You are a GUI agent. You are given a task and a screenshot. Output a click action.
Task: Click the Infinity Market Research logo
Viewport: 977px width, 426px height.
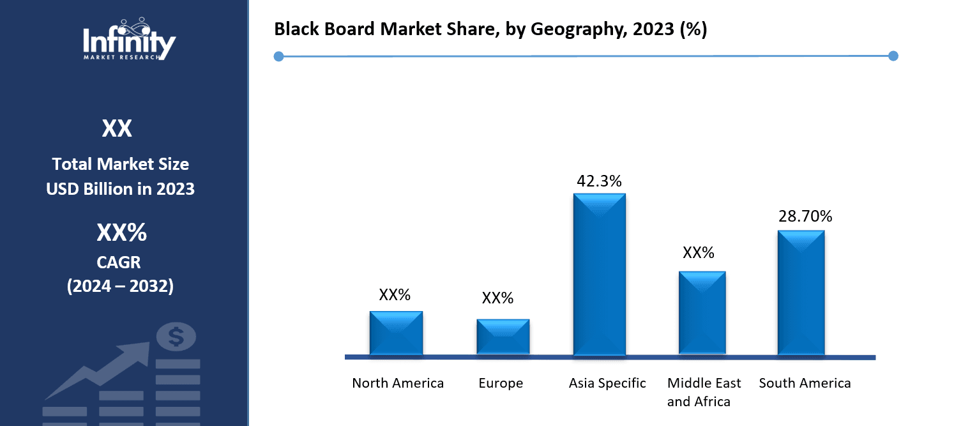(x=130, y=40)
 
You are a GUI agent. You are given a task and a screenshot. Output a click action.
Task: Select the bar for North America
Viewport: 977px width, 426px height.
(x=396, y=333)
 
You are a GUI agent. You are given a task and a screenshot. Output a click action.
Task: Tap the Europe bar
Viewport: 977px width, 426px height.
(x=503, y=337)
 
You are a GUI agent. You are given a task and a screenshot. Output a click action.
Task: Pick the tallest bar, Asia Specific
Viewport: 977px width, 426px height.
(x=599, y=275)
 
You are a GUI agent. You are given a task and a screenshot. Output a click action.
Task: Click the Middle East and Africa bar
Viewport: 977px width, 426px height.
(x=702, y=313)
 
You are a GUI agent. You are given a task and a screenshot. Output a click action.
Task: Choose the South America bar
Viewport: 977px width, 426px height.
(x=801, y=293)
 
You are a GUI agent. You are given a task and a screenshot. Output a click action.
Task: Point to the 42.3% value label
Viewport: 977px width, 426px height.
(x=599, y=181)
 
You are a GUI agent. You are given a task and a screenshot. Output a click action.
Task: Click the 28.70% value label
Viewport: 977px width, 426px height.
(x=805, y=217)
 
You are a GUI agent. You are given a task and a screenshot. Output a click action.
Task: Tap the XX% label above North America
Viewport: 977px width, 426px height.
(x=395, y=294)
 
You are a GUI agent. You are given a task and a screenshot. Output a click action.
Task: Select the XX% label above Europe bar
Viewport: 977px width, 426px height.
(x=497, y=298)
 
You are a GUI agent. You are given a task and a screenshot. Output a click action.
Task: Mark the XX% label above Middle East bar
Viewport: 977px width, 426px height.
(x=698, y=253)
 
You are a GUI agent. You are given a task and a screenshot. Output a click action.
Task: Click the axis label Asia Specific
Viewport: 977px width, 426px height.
(x=607, y=383)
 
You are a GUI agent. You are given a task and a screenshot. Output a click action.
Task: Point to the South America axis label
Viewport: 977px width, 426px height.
(x=805, y=383)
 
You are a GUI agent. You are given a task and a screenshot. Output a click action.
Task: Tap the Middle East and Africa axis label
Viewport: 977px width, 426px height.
(x=704, y=392)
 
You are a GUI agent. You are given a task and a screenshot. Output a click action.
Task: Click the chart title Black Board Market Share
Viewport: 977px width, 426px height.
(x=490, y=30)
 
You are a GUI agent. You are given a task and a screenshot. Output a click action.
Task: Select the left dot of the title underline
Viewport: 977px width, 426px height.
(x=278, y=57)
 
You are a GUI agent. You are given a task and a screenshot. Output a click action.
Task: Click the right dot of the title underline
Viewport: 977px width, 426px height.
(x=893, y=56)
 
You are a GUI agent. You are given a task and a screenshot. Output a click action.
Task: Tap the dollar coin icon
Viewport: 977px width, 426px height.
(x=176, y=337)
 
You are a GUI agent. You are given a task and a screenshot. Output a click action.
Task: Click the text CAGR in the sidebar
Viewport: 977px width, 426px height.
(x=120, y=262)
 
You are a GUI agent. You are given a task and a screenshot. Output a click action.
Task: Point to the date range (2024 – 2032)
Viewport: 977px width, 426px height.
(x=120, y=286)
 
